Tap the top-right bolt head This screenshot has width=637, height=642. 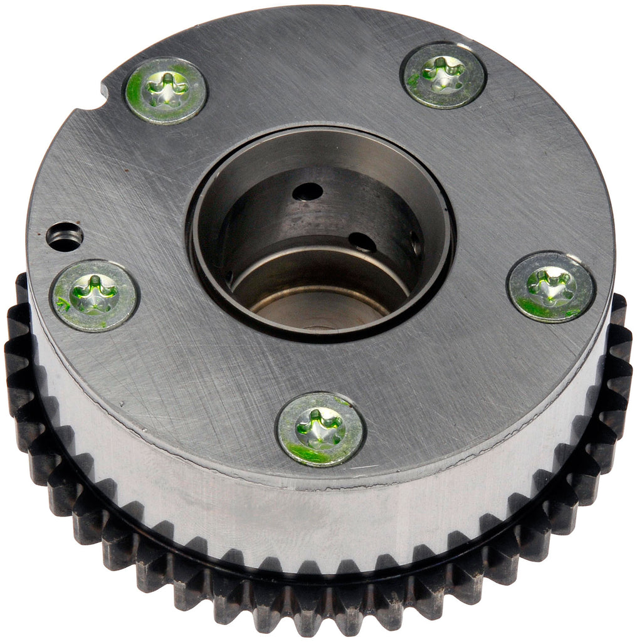[x=443, y=75]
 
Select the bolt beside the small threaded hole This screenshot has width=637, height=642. [x=95, y=295]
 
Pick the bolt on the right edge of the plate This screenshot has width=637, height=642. [x=550, y=287]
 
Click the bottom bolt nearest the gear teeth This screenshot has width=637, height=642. [x=320, y=429]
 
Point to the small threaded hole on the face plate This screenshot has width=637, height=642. [x=66, y=236]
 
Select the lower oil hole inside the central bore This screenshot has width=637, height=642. [x=362, y=243]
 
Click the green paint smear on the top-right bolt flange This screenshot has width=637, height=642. [x=414, y=80]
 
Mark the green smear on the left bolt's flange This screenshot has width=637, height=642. [x=63, y=306]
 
